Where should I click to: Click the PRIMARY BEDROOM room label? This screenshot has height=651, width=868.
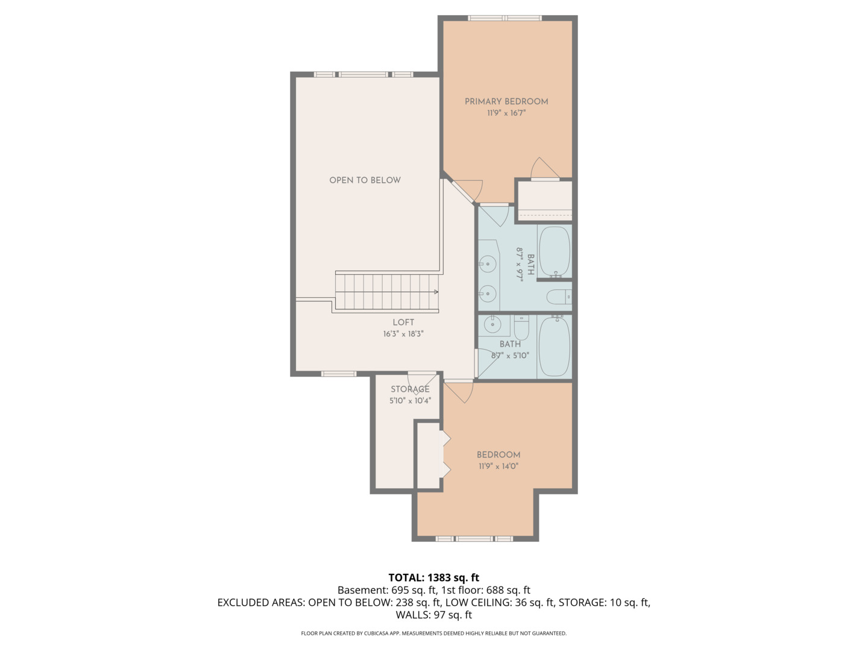(506, 101)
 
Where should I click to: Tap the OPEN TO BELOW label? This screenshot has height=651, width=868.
(365, 180)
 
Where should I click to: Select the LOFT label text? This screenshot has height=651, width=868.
(403, 322)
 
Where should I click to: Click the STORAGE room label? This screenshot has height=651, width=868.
(410, 389)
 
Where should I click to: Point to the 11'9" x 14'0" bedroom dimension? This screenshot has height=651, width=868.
(498, 466)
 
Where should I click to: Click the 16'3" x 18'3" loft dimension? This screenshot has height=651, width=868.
(403, 333)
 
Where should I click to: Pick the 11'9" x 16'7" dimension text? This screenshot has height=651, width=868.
(506, 113)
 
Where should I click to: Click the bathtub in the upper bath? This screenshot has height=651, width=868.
(554, 251)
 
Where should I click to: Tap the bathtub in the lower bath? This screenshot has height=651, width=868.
(554, 347)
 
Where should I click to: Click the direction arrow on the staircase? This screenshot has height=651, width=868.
(435, 292)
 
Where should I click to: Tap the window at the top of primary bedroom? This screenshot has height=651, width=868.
(505, 18)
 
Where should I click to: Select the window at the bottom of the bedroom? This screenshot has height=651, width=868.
(474, 538)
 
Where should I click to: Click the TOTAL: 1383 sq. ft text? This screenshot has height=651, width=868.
(433, 577)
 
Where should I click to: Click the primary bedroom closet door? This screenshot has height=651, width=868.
(545, 169)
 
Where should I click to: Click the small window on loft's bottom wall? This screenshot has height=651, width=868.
(339, 374)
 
